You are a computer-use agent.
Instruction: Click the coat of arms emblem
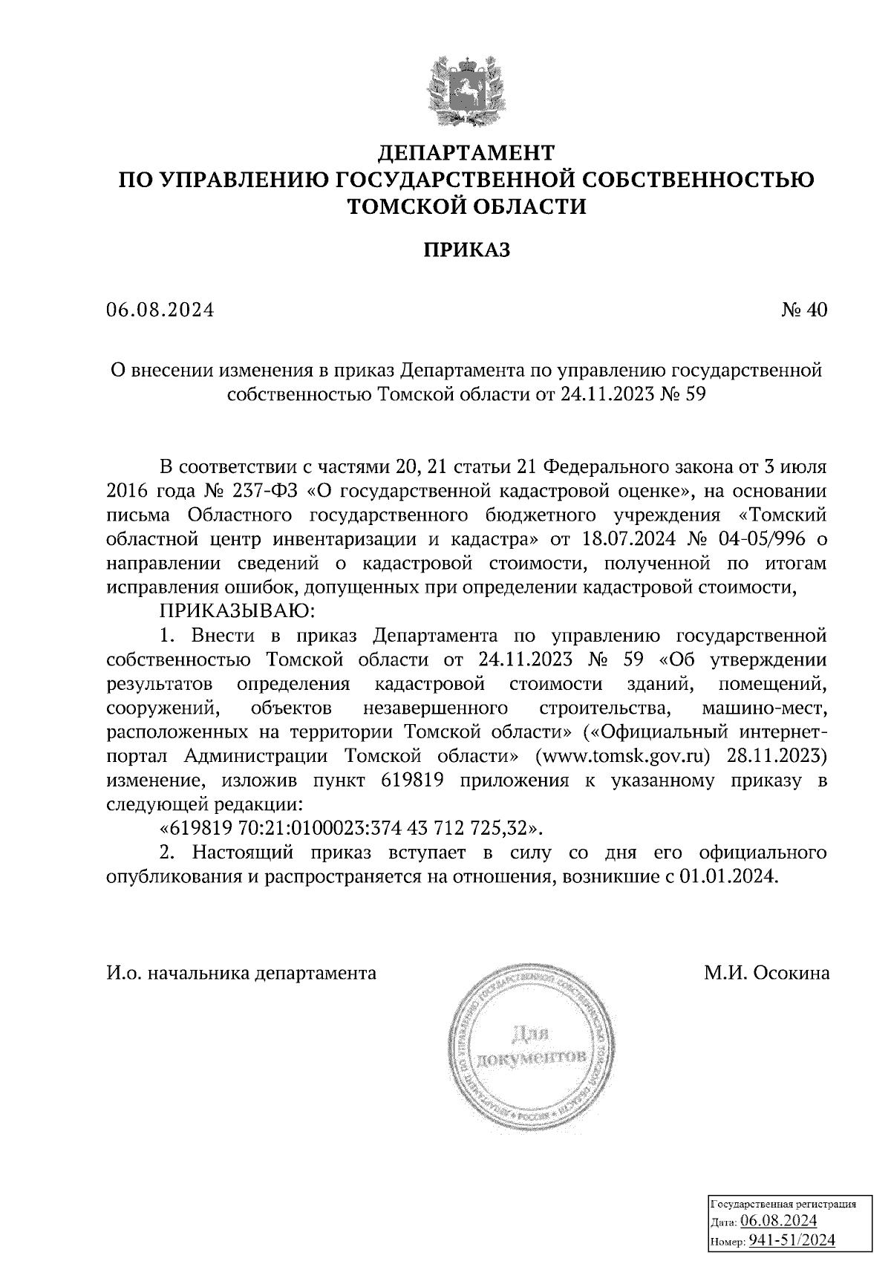point(467,88)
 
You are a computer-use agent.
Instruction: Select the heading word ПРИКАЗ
point(467,250)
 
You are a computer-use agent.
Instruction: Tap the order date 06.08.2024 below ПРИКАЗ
point(160,310)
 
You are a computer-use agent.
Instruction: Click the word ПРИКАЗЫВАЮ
point(237,611)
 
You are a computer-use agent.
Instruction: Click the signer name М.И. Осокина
point(767,973)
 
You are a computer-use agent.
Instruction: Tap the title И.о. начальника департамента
point(241,973)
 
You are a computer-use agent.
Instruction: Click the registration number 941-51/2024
point(791,1240)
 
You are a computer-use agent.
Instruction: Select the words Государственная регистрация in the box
point(784,1204)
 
